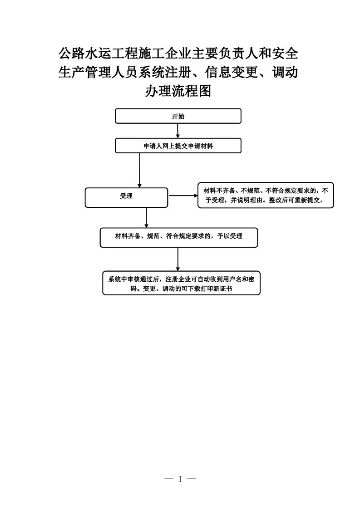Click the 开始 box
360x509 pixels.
[178, 116]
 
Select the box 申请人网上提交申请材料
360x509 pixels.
[178, 146]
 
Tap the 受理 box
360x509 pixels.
[126, 197]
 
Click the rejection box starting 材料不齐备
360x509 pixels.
[266, 195]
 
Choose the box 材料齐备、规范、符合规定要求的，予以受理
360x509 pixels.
[179, 238]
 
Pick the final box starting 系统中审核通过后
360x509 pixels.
[181, 283]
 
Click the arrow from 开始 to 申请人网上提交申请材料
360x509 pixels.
[178, 131]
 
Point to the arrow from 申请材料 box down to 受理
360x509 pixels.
[140, 171]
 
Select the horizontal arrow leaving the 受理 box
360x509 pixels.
[183, 196]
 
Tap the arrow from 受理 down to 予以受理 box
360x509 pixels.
[147, 218]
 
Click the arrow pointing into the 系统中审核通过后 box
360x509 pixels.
[178, 259]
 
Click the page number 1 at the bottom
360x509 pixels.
[180, 479]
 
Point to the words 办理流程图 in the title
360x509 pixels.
[178, 91]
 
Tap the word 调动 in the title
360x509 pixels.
[285, 72]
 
